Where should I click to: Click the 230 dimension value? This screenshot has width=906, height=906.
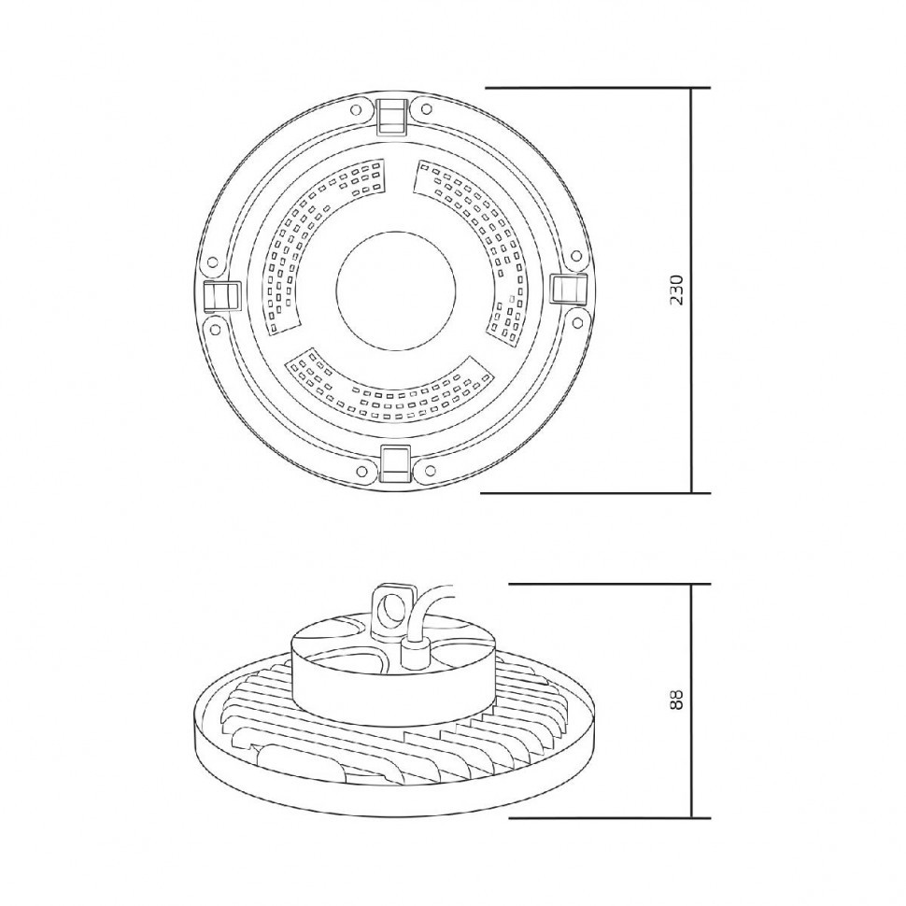pos(676,290)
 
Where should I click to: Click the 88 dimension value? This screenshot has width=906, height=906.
pos(676,700)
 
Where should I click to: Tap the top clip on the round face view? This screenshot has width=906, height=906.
pos(392,116)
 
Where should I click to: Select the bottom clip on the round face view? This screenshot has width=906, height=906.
pos(396,463)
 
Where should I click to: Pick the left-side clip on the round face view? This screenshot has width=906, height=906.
pos(222,296)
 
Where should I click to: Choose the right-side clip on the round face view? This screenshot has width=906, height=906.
pos(567,288)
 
